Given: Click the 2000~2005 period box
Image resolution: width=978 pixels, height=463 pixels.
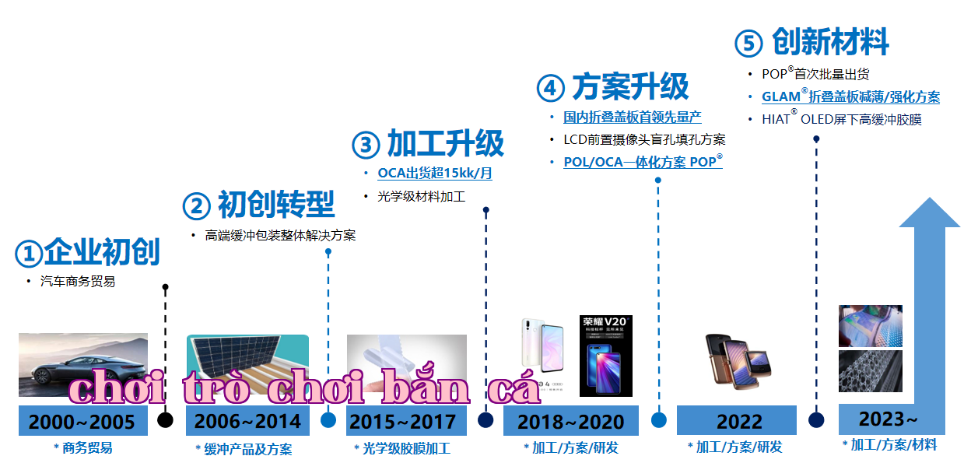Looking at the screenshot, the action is (83, 421).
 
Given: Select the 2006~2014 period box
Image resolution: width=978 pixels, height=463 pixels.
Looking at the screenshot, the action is (247, 421).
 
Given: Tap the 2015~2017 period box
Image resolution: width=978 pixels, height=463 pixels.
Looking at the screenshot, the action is (406, 421).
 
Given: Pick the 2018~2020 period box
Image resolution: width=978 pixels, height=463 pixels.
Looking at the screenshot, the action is (570, 421).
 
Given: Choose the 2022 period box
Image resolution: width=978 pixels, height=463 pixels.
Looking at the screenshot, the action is (737, 421).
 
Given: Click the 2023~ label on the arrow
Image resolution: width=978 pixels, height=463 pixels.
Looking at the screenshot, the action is (888, 419).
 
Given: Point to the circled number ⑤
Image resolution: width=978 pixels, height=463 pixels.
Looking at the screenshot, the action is (748, 43).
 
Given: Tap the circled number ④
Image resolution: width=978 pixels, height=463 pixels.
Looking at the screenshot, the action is (551, 88).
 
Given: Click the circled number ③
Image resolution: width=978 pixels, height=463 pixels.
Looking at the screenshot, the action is (366, 145).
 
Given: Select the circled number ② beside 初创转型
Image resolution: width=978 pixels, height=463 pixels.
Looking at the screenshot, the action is (197, 205).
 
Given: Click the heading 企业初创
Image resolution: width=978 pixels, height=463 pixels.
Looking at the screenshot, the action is (102, 252).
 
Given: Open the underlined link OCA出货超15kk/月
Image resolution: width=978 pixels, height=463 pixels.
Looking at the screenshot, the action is (435, 173).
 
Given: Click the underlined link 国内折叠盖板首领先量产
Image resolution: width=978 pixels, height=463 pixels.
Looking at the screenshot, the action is (633, 117).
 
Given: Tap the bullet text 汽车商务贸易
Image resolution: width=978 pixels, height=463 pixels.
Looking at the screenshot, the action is (78, 281).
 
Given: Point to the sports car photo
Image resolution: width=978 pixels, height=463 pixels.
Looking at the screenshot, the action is (83, 365).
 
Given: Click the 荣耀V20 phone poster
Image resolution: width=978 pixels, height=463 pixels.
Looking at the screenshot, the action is (605, 356).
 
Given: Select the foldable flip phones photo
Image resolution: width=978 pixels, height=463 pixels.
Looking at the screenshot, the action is (738, 362).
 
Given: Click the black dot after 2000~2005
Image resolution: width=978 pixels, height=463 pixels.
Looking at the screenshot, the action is (165, 420).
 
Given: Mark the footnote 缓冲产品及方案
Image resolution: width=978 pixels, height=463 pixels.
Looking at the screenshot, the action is (248, 449).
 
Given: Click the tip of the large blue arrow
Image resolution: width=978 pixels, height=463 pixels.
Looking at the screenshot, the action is (930, 198).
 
